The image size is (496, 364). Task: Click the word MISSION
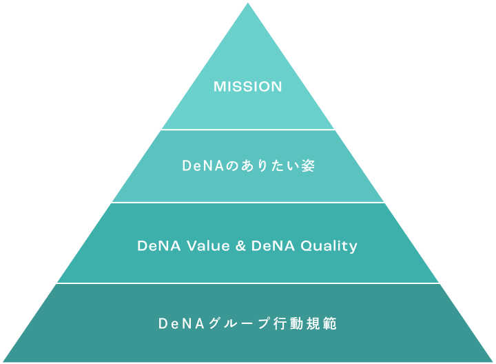[x=248, y=87]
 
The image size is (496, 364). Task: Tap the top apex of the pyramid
[x=248, y=3]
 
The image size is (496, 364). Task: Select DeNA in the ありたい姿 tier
[x=203, y=165]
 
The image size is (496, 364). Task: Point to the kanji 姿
[x=308, y=165]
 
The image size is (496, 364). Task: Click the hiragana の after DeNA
[x=231, y=166]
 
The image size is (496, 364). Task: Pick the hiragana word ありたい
[x=269, y=165]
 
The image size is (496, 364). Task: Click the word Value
[x=208, y=245]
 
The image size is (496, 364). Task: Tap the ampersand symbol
[x=240, y=246]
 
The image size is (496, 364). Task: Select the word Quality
[x=329, y=246]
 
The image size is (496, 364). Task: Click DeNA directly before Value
[x=159, y=245]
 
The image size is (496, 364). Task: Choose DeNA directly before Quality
[x=273, y=245]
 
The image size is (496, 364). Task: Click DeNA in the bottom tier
[x=181, y=323]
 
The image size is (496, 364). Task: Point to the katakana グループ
[x=239, y=323]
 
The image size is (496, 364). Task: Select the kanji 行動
[x=288, y=323]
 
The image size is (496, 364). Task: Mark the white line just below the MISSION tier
[x=248, y=130]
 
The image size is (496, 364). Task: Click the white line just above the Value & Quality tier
[x=248, y=203]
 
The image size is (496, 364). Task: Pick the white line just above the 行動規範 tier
[x=248, y=283]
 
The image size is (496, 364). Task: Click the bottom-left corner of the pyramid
[x=3, y=361]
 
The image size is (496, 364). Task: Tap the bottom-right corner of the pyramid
[x=493, y=361]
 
